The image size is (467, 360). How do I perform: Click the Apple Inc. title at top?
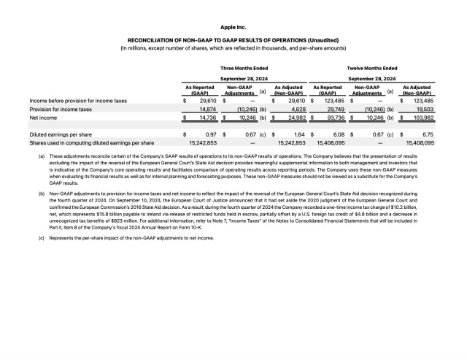(233, 27)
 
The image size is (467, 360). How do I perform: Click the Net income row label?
(43, 117)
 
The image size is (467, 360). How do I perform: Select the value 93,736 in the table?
(335, 117)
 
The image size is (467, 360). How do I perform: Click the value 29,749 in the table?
(336, 109)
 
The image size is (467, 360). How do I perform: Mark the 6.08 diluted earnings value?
(339, 135)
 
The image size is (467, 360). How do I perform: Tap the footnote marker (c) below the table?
(31, 238)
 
